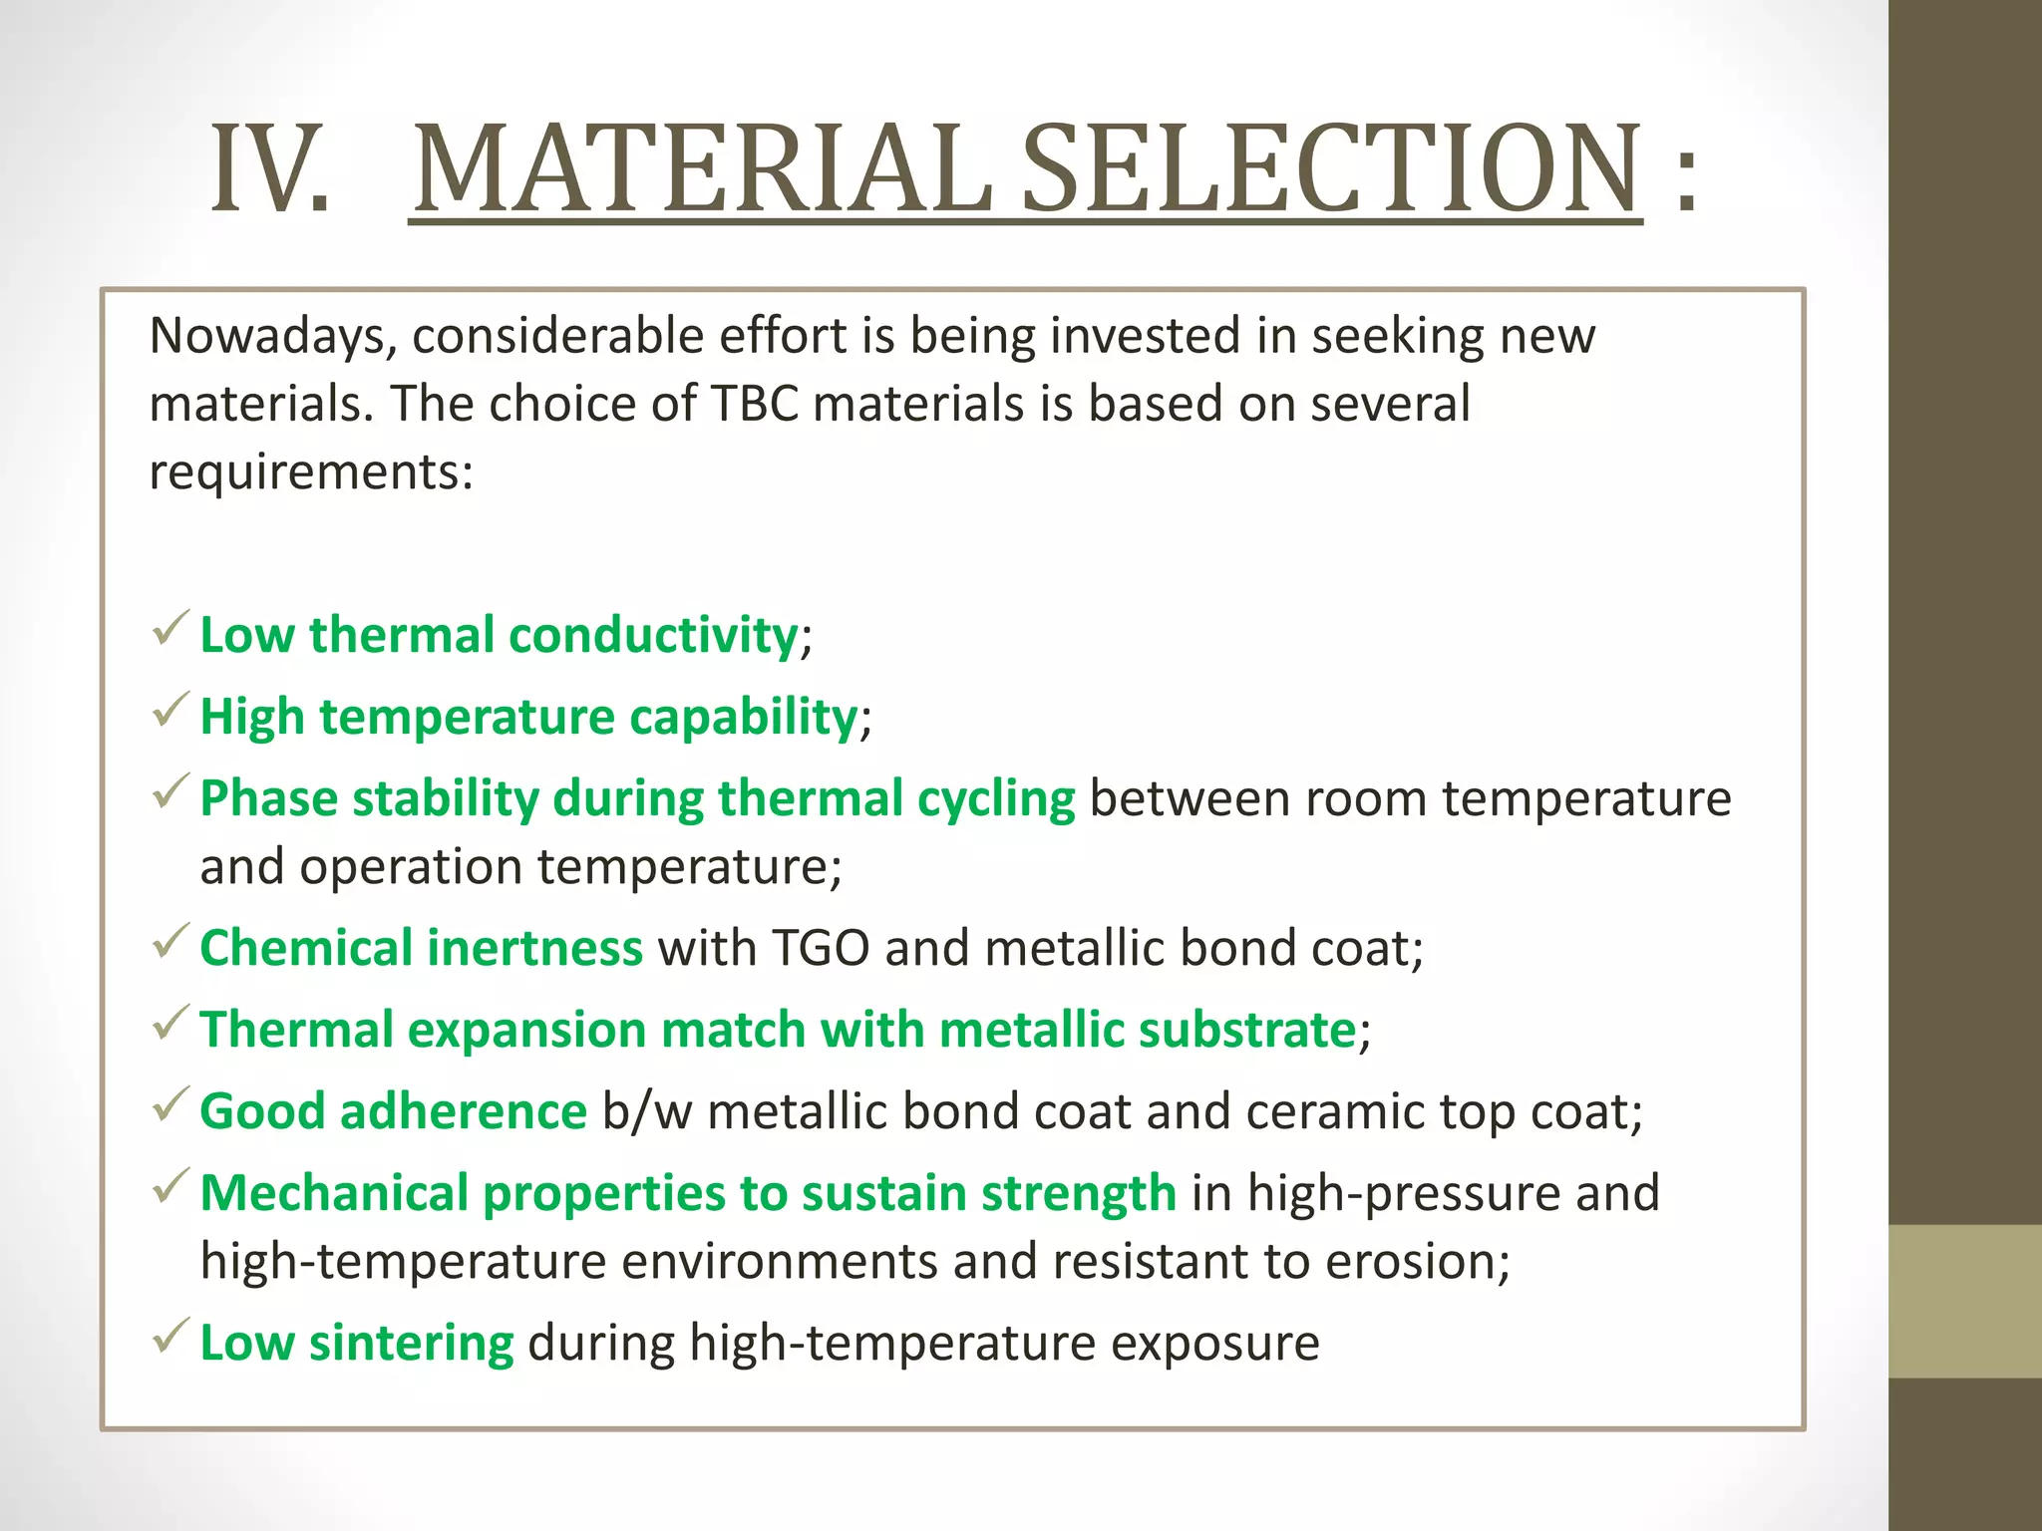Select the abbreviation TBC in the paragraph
tap(755, 405)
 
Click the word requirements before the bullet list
tap(310, 472)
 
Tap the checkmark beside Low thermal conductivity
tap(170, 630)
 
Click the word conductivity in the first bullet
tap(653, 635)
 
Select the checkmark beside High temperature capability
tap(170, 712)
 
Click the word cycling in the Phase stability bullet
tap(996, 799)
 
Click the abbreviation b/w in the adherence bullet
tap(646, 1111)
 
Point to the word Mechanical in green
tap(334, 1193)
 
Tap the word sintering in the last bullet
tap(411, 1343)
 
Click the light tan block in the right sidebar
tap(1964, 1301)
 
